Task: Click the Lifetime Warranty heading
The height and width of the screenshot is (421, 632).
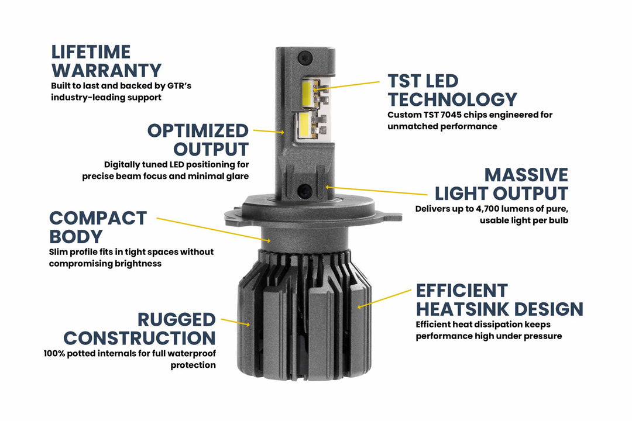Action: [x=106, y=61]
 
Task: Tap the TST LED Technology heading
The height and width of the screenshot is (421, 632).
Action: [x=452, y=90]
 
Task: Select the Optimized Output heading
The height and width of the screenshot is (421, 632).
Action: [x=198, y=139]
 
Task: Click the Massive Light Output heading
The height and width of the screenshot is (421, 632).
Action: [x=500, y=184]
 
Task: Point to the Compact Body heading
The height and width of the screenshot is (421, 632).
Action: [x=98, y=227]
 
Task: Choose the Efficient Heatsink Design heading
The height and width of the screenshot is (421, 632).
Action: [x=499, y=299]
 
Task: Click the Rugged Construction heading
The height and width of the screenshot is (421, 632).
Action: [x=139, y=329]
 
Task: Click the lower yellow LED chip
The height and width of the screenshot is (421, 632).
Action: [x=304, y=125]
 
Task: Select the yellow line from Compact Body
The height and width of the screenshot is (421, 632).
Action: [x=208, y=229]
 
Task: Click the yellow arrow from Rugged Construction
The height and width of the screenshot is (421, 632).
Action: [x=235, y=322]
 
